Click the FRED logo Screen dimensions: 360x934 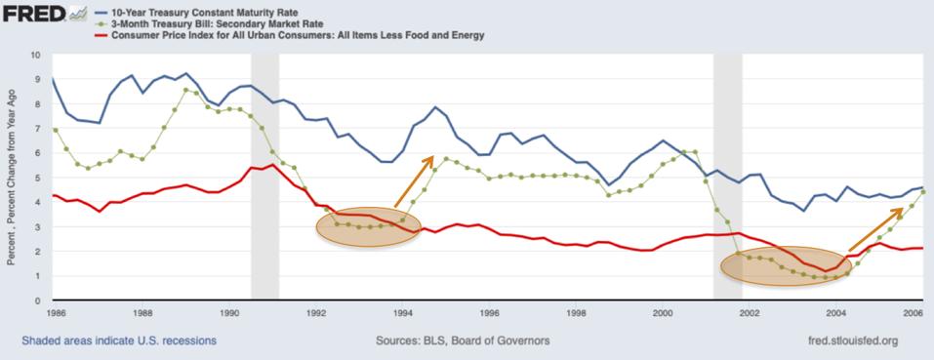36,13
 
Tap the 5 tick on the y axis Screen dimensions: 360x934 38,178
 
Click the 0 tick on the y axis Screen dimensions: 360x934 38,300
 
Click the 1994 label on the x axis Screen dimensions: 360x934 403,314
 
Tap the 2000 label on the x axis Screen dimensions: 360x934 663,314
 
